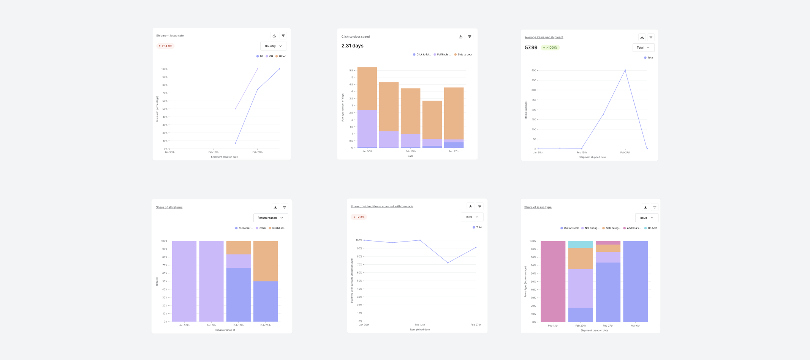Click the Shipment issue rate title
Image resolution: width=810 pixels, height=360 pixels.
170,36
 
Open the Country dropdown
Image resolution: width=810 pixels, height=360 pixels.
274,46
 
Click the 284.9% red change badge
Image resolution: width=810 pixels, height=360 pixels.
165,46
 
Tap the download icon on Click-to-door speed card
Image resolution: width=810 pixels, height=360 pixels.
460,37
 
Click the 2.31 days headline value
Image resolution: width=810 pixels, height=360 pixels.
352,46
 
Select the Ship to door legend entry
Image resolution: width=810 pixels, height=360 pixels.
463,55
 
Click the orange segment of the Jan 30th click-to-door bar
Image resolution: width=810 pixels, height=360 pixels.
367,88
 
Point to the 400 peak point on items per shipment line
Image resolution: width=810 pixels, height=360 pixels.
625,70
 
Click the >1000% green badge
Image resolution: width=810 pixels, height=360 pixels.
550,47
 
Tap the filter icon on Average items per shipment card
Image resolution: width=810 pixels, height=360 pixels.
651,37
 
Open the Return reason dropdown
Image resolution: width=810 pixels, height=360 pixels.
271,218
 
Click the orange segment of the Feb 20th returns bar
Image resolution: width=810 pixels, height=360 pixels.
266,261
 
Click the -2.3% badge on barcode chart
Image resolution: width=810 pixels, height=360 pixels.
359,217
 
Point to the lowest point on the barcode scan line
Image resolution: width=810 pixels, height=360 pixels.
448,263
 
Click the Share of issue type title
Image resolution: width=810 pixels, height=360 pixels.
538,207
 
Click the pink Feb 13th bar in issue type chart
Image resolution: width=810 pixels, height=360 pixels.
553,281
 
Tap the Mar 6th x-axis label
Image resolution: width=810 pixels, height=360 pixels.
635,325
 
